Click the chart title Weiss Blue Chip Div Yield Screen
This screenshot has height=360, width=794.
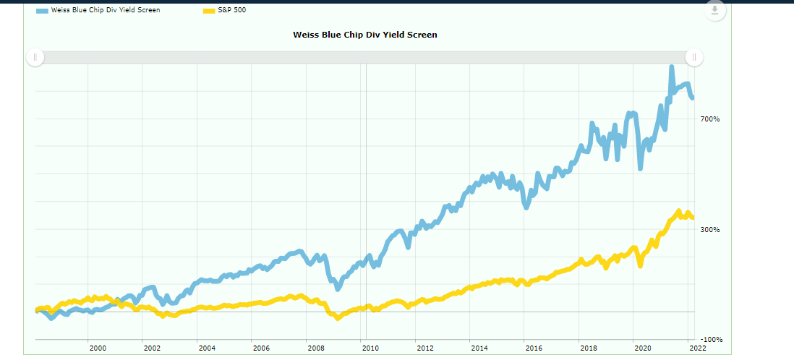pyautogui.click(x=364, y=35)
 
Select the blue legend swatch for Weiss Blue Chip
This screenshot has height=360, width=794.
pyautogui.click(x=42, y=10)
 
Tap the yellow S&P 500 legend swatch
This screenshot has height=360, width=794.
pyautogui.click(x=209, y=10)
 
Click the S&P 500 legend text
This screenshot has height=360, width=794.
pyautogui.click(x=232, y=10)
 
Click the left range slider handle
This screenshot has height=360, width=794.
pyautogui.click(x=35, y=58)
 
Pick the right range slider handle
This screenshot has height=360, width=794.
pyautogui.click(x=694, y=58)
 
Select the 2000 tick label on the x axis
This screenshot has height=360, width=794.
pyautogui.click(x=98, y=348)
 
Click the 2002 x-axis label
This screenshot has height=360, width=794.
pyautogui.click(x=152, y=348)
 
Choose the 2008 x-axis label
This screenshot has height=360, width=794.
pyautogui.click(x=315, y=348)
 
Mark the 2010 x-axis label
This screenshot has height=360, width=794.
pyautogui.click(x=370, y=348)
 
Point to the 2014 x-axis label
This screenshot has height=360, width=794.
pyautogui.click(x=479, y=348)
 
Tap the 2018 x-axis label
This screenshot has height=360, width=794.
pyautogui.click(x=588, y=348)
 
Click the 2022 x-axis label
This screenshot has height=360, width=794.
pyautogui.click(x=697, y=348)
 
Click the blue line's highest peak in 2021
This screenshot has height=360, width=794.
pyautogui.click(x=671, y=67)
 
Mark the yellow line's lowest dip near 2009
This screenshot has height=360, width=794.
pyautogui.click(x=337, y=317)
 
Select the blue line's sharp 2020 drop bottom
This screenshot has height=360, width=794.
pyautogui.click(x=640, y=168)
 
